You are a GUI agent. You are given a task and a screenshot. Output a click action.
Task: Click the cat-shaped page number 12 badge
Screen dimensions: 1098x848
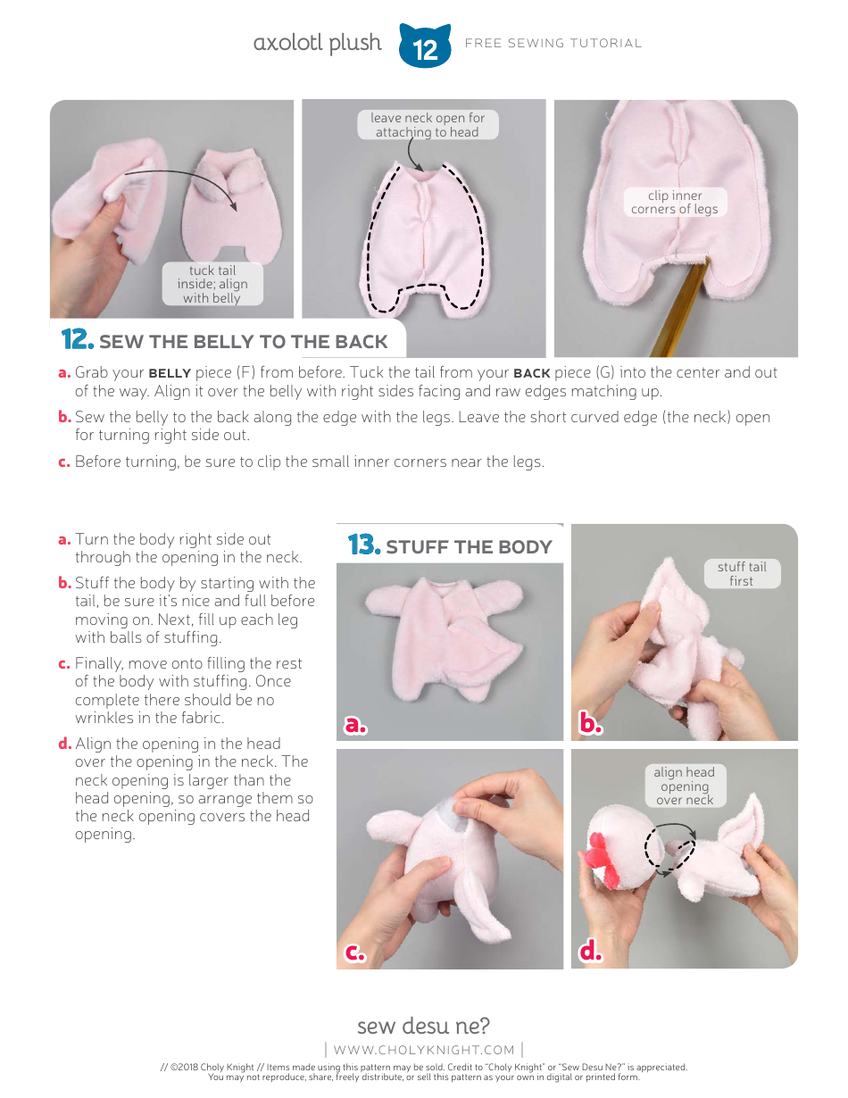[x=425, y=46]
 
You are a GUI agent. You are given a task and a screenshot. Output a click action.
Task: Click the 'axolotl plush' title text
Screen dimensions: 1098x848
[x=317, y=43]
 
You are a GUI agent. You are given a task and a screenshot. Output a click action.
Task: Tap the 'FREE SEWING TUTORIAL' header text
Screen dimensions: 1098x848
[x=553, y=43]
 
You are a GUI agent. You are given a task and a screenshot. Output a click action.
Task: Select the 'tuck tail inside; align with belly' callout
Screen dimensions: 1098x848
[x=212, y=284]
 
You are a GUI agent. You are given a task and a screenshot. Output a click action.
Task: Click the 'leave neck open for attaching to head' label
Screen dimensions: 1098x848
[x=428, y=125]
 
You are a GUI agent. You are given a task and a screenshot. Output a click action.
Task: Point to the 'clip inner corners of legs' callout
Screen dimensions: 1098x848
[x=675, y=202]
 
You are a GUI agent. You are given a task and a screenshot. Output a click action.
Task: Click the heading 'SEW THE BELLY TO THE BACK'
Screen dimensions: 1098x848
[x=243, y=342]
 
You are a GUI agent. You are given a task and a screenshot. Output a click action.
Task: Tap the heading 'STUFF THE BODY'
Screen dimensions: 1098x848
[x=469, y=546]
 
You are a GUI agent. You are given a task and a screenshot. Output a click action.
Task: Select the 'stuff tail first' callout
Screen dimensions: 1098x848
[x=741, y=573]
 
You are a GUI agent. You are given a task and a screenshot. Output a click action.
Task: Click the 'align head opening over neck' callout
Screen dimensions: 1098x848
[x=684, y=786]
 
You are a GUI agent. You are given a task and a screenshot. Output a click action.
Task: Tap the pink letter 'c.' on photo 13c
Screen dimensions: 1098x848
[x=355, y=952]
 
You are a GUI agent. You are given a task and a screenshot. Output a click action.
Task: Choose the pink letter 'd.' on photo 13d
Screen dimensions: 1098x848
[x=591, y=952]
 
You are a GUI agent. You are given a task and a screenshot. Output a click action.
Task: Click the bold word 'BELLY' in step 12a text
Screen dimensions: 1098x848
[x=170, y=373]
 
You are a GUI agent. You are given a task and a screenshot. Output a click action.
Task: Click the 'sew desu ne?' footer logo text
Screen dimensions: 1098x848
[x=423, y=1025]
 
